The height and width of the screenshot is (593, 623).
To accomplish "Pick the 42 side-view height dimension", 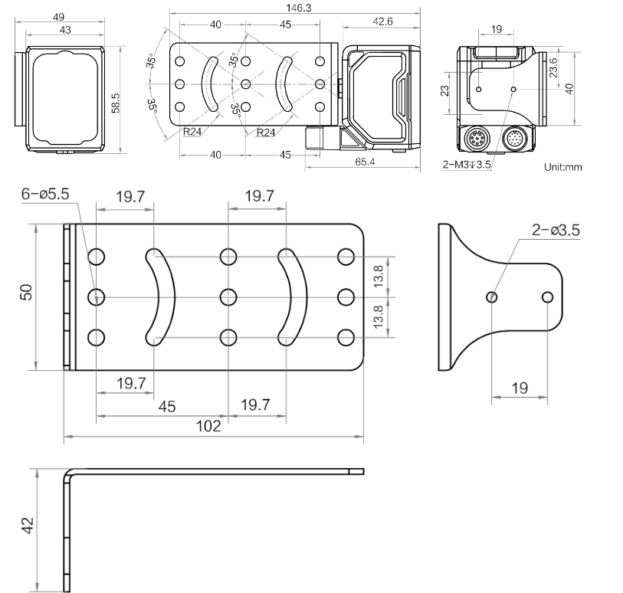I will (27, 526).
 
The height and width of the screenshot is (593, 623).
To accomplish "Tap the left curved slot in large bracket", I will (162, 296).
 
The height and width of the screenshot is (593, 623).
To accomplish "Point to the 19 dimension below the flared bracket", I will (520, 388).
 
